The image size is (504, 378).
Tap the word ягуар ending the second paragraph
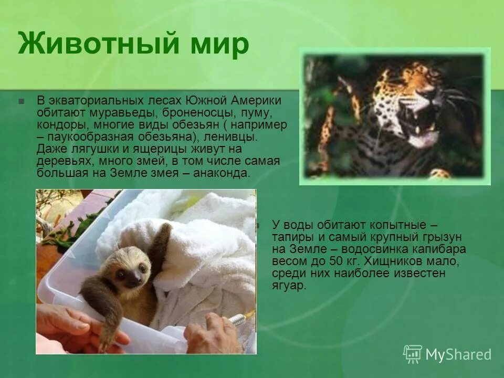point(288,285)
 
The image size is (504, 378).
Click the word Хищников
point(389,261)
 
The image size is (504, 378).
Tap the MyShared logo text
point(458,354)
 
